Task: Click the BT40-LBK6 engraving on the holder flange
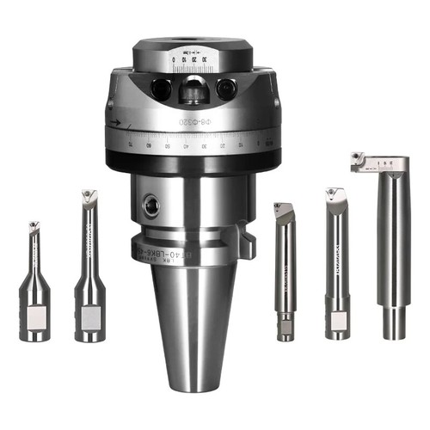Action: click(x=176, y=252)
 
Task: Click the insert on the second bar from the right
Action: click(x=334, y=194)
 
